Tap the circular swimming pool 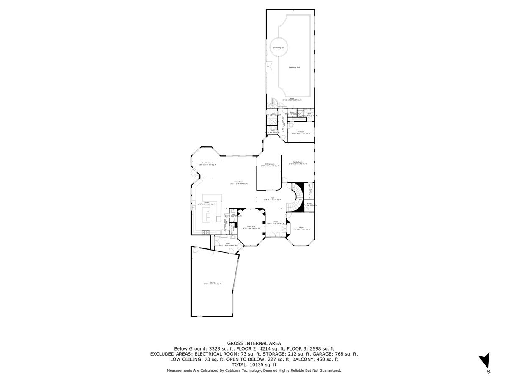point(278,48)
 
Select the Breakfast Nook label point(207,163)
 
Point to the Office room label point(301,229)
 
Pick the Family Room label point(298,163)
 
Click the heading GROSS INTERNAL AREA point(254,343)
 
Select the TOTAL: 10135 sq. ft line point(254,364)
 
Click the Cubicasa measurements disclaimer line point(254,370)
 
